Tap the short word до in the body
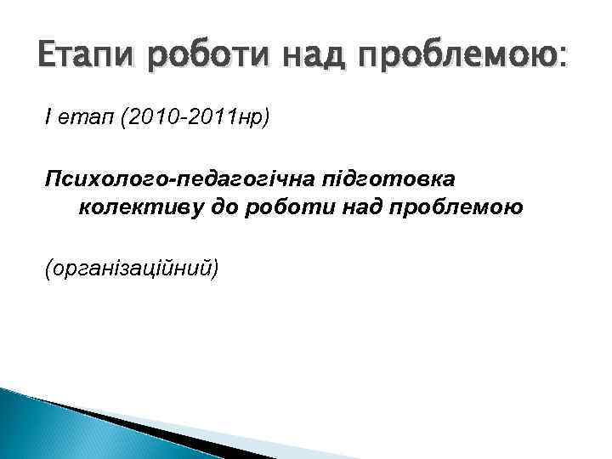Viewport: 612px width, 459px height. point(226,207)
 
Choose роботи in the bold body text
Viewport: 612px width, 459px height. point(287,207)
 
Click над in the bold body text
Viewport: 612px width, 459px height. point(358,207)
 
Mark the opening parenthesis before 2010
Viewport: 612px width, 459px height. point(124,115)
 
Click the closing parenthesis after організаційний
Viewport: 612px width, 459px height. point(215,269)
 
